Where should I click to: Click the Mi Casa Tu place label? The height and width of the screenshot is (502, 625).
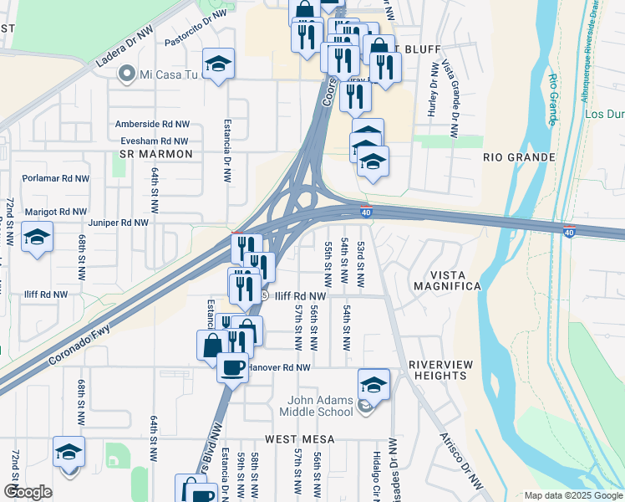click(169, 74)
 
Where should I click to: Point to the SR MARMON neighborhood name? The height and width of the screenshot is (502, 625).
click(155, 155)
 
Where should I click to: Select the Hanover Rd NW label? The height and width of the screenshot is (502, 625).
click(280, 367)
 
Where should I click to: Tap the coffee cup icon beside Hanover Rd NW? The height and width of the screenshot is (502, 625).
click(232, 366)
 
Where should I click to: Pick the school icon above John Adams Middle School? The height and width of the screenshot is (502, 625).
click(373, 384)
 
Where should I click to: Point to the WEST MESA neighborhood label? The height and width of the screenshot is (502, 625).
click(300, 438)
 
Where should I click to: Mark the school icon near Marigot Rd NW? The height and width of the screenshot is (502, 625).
click(37, 238)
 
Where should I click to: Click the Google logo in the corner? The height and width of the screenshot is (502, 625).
click(28, 492)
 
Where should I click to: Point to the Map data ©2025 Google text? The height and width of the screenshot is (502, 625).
click(572, 495)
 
